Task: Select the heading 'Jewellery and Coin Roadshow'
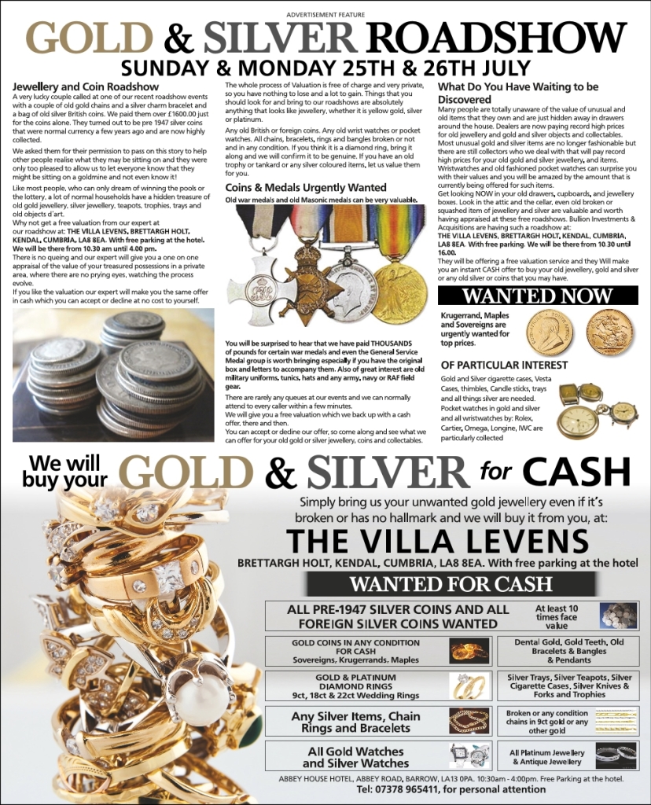(x=86, y=86)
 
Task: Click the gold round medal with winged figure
(x=399, y=291)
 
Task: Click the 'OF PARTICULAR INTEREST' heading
(x=504, y=366)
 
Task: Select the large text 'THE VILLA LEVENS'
(x=436, y=541)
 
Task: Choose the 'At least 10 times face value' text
(x=561, y=617)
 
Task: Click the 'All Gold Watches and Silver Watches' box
(x=356, y=757)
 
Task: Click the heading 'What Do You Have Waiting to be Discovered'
(x=518, y=93)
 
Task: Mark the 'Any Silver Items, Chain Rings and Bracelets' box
(x=356, y=722)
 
